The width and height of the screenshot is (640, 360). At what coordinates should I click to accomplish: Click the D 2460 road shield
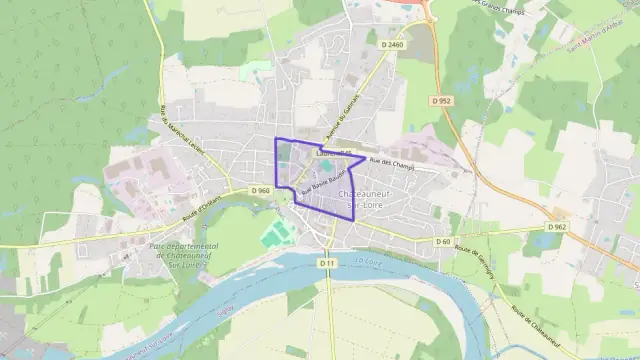tap(391, 45)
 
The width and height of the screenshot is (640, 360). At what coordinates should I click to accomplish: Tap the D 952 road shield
tap(443, 101)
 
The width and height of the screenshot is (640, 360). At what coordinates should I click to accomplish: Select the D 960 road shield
tap(261, 190)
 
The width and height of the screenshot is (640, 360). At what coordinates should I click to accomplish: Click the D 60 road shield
tap(443, 241)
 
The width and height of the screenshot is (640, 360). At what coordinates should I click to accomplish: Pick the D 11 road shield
tap(327, 263)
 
